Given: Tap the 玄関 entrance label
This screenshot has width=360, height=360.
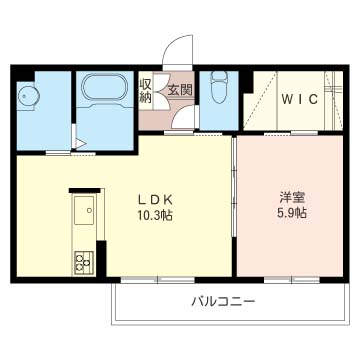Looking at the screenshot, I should coord(180,91).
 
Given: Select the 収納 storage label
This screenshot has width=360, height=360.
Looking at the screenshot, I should coord(146,91).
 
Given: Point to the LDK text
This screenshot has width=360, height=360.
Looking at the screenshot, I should coord(156,197).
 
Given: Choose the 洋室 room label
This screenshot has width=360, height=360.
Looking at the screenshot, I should coord(291,196).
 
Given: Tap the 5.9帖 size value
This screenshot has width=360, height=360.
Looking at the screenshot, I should coord(292,213).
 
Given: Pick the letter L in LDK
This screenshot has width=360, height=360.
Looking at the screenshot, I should coord(140,197).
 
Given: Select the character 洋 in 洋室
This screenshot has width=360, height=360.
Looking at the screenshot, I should coord(284,196).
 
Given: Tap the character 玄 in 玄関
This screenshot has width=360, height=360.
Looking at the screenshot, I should coord(174,91).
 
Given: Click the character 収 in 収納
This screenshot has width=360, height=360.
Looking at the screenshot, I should coord(146,85).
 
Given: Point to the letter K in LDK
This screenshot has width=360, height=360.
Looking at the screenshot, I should coord(171,197).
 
